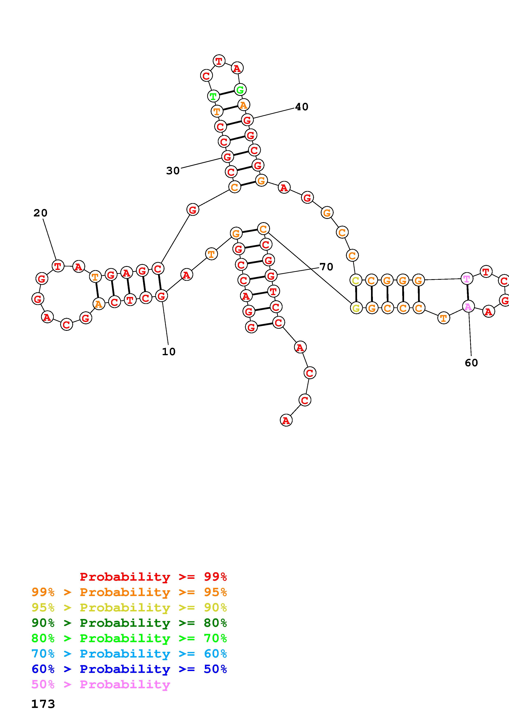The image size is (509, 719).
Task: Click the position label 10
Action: [169, 352]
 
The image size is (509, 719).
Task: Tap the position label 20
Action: [40, 213]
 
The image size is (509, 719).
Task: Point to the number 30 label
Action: [173, 171]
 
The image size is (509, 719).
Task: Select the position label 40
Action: [302, 107]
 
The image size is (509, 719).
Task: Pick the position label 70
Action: [326, 267]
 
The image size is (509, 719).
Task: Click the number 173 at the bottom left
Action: [43, 704]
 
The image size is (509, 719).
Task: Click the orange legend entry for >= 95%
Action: [129, 592]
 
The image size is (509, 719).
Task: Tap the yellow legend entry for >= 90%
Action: [129, 608]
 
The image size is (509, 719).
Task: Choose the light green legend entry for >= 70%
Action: [129, 638]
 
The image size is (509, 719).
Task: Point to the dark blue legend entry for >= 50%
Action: [129, 669]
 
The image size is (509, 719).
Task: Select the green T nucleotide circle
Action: [213, 96]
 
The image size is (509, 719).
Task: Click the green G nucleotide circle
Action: [240, 90]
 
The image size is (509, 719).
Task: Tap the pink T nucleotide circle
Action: [467, 278]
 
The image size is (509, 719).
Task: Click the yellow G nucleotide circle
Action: [356, 308]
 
